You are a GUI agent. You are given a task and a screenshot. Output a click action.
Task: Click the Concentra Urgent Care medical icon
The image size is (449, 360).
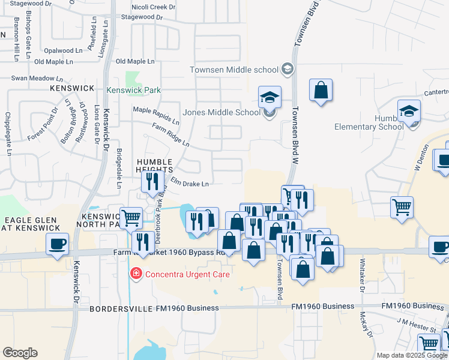[136, 274]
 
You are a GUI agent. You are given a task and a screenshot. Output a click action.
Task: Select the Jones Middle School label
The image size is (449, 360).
[221, 112]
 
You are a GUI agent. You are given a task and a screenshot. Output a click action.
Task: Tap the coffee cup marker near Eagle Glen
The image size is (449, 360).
[58, 244]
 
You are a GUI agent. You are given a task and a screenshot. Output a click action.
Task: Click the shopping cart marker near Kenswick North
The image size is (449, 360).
[131, 218]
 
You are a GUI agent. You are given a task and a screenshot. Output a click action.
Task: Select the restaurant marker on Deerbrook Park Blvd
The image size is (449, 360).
[142, 242]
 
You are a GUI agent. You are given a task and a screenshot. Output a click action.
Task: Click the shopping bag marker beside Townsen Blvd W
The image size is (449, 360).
[321, 91]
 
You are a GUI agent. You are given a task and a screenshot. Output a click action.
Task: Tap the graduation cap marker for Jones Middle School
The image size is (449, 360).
[270, 97]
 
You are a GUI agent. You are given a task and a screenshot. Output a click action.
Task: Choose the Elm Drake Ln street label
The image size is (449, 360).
[190, 183]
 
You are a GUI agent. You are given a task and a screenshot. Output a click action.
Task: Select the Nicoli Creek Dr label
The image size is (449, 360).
[154, 7]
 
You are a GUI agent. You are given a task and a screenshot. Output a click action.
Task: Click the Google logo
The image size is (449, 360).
[20, 353]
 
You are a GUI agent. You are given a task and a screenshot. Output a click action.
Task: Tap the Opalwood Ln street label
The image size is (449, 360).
[58, 51]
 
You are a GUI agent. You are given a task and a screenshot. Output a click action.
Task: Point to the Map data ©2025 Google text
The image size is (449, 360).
[412, 355]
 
